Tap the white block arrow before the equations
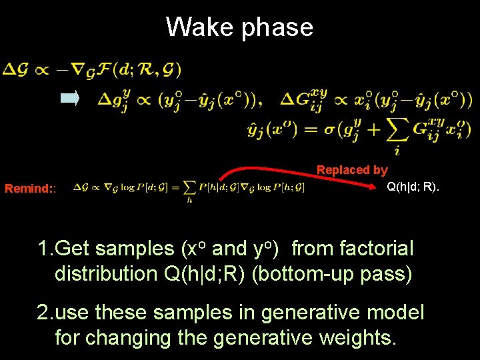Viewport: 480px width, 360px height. tap(70, 99)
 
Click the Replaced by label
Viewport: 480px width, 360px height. tap(352, 170)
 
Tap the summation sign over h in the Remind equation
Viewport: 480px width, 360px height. tap(189, 188)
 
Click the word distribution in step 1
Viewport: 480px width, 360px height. tap(106, 273)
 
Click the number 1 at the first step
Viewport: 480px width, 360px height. tap(43, 249)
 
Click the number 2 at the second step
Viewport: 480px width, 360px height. tap(43, 312)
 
